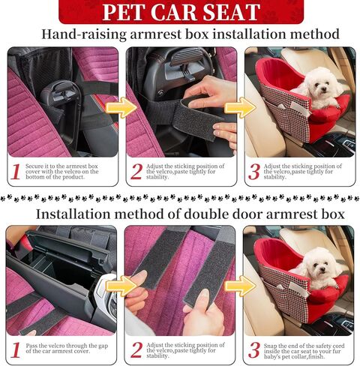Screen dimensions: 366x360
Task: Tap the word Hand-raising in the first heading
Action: pos(82,34)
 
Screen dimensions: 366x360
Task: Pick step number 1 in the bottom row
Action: pos(16,349)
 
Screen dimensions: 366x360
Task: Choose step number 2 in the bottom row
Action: pos(136,349)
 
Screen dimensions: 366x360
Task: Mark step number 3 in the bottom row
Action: pos(254,349)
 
